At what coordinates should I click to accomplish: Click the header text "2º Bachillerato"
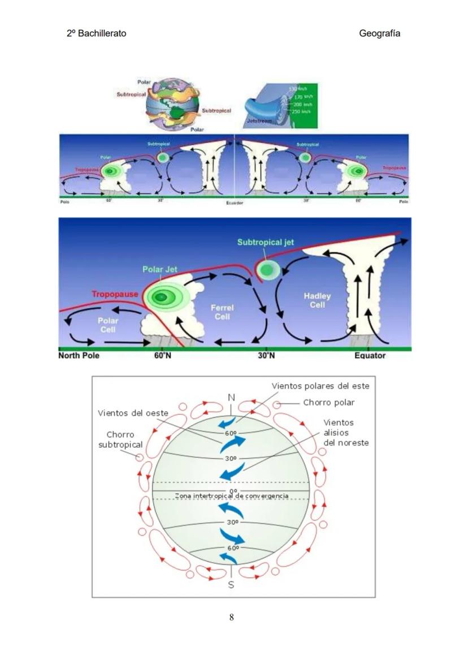96,33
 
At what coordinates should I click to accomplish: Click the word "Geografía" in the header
379,33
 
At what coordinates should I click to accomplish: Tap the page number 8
232,617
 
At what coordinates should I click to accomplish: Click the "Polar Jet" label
159,269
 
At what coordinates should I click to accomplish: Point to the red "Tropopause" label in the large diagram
115,294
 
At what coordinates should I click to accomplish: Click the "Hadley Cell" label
317,300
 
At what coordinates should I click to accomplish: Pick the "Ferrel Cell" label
222,312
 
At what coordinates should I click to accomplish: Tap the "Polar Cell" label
107,325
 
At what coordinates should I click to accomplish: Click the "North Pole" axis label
79,356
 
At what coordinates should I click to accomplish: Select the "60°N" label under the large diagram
163,356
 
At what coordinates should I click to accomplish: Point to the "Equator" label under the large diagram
370,356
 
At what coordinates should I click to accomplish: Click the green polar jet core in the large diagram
163,296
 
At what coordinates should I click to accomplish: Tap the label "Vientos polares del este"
320,386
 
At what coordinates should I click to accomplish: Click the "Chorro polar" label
329,402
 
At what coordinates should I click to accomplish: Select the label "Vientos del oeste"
133,413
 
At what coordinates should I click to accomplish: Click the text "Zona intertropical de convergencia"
232,496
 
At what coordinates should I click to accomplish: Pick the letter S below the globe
231,585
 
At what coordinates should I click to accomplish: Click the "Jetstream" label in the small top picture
259,121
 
